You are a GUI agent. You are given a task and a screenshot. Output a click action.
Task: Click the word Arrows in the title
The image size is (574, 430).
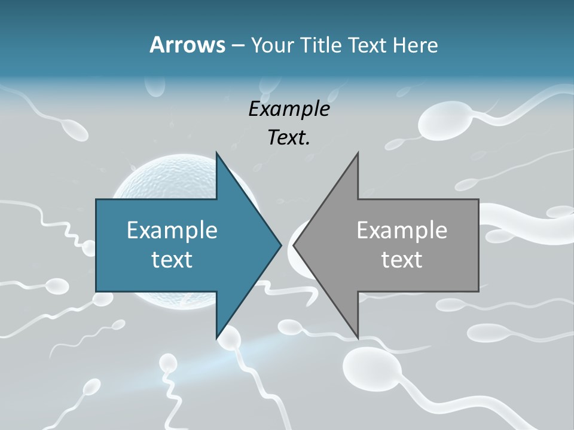pos(187,45)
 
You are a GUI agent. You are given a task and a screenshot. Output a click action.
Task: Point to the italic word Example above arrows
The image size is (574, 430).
pos(289,109)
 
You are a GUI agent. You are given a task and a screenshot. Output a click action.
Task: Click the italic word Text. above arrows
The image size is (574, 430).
pos(289,137)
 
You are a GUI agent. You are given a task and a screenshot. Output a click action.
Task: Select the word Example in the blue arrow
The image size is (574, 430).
pos(172,230)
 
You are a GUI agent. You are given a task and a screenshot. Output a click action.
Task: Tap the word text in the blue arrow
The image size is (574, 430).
pos(172,259)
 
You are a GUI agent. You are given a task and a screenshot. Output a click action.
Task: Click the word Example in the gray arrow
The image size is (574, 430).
pos(402,230)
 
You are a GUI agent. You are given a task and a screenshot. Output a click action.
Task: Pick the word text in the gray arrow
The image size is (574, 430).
pos(402,259)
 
